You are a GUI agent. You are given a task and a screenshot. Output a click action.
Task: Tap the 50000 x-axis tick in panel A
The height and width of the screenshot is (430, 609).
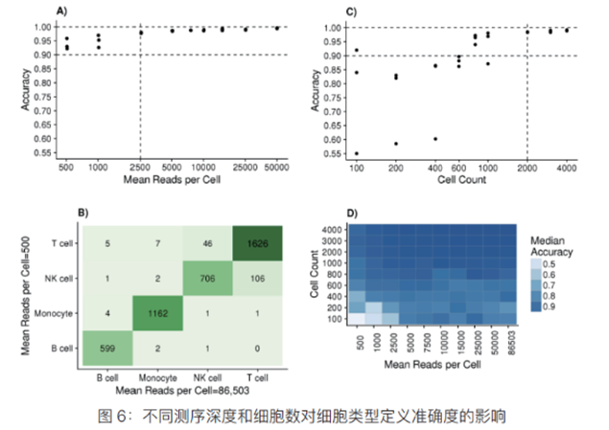pyautogui.click(x=277, y=168)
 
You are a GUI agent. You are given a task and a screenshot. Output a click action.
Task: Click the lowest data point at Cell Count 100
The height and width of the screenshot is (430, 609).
pyautogui.click(x=357, y=153)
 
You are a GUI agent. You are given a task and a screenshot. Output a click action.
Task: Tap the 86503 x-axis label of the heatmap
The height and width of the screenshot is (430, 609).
pyautogui.click(x=508, y=344)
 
